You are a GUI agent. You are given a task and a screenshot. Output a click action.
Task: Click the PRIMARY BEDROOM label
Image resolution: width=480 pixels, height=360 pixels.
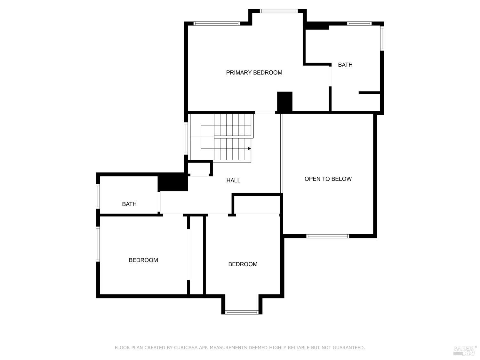[x=254, y=73]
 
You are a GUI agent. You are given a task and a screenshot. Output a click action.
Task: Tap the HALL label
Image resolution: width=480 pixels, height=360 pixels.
[x=233, y=180]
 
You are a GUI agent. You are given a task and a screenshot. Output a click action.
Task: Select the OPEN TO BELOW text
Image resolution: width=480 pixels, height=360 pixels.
[x=328, y=179]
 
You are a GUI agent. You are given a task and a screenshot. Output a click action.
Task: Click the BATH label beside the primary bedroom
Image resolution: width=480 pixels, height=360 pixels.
[x=345, y=65]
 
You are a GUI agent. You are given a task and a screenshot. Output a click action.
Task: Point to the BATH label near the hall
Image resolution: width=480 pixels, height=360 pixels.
[x=129, y=204]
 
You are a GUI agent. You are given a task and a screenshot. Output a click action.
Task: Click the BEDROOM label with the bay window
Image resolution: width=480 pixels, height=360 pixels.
[x=243, y=264]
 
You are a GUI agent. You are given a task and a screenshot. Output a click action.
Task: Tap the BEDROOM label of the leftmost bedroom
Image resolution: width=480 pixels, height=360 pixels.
[x=143, y=260]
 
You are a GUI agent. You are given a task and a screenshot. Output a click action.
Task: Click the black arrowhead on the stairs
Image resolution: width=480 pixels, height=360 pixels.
[x=249, y=148]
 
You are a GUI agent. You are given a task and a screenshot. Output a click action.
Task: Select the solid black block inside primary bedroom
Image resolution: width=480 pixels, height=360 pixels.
[x=284, y=102]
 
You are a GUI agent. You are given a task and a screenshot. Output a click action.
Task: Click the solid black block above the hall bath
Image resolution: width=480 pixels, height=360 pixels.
[x=172, y=182]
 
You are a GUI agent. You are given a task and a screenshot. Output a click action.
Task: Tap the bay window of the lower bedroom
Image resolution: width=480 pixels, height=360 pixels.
[x=242, y=312]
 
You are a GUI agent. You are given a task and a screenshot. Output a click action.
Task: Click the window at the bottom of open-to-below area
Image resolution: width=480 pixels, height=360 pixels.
[x=327, y=236]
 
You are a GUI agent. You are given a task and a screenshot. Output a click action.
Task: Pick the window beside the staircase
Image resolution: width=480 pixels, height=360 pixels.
[x=186, y=139]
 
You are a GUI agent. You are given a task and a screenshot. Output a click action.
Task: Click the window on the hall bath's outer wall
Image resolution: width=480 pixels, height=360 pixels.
[x=98, y=196]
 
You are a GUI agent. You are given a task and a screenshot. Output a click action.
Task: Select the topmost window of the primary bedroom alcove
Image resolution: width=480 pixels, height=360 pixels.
[x=279, y=11]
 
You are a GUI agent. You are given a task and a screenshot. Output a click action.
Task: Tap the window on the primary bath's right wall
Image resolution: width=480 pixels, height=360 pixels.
[x=382, y=38]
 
